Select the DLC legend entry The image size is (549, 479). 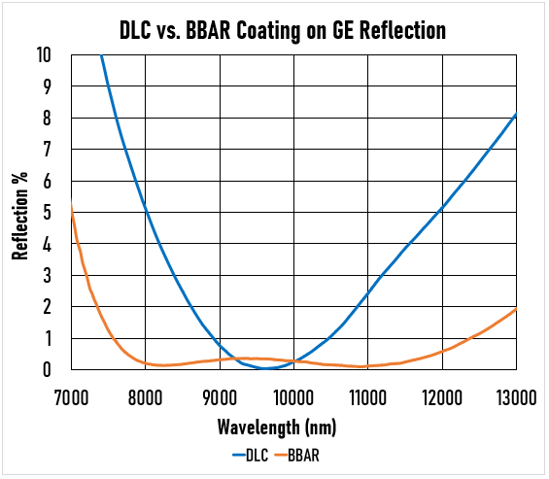(x=253, y=453)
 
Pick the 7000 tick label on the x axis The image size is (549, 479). (x=71, y=395)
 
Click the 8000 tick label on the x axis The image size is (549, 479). (x=145, y=395)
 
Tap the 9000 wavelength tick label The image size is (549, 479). (x=220, y=395)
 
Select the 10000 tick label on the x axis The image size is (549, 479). (x=293, y=395)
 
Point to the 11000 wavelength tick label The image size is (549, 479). (x=367, y=395)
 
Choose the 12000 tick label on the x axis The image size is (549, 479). (x=442, y=395)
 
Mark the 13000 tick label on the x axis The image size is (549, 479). (x=515, y=395)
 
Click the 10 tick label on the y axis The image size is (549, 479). (x=45, y=55)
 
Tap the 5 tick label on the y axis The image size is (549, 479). (x=49, y=213)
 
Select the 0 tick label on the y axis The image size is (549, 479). (x=49, y=370)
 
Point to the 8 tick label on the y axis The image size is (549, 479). (x=49, y=119)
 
